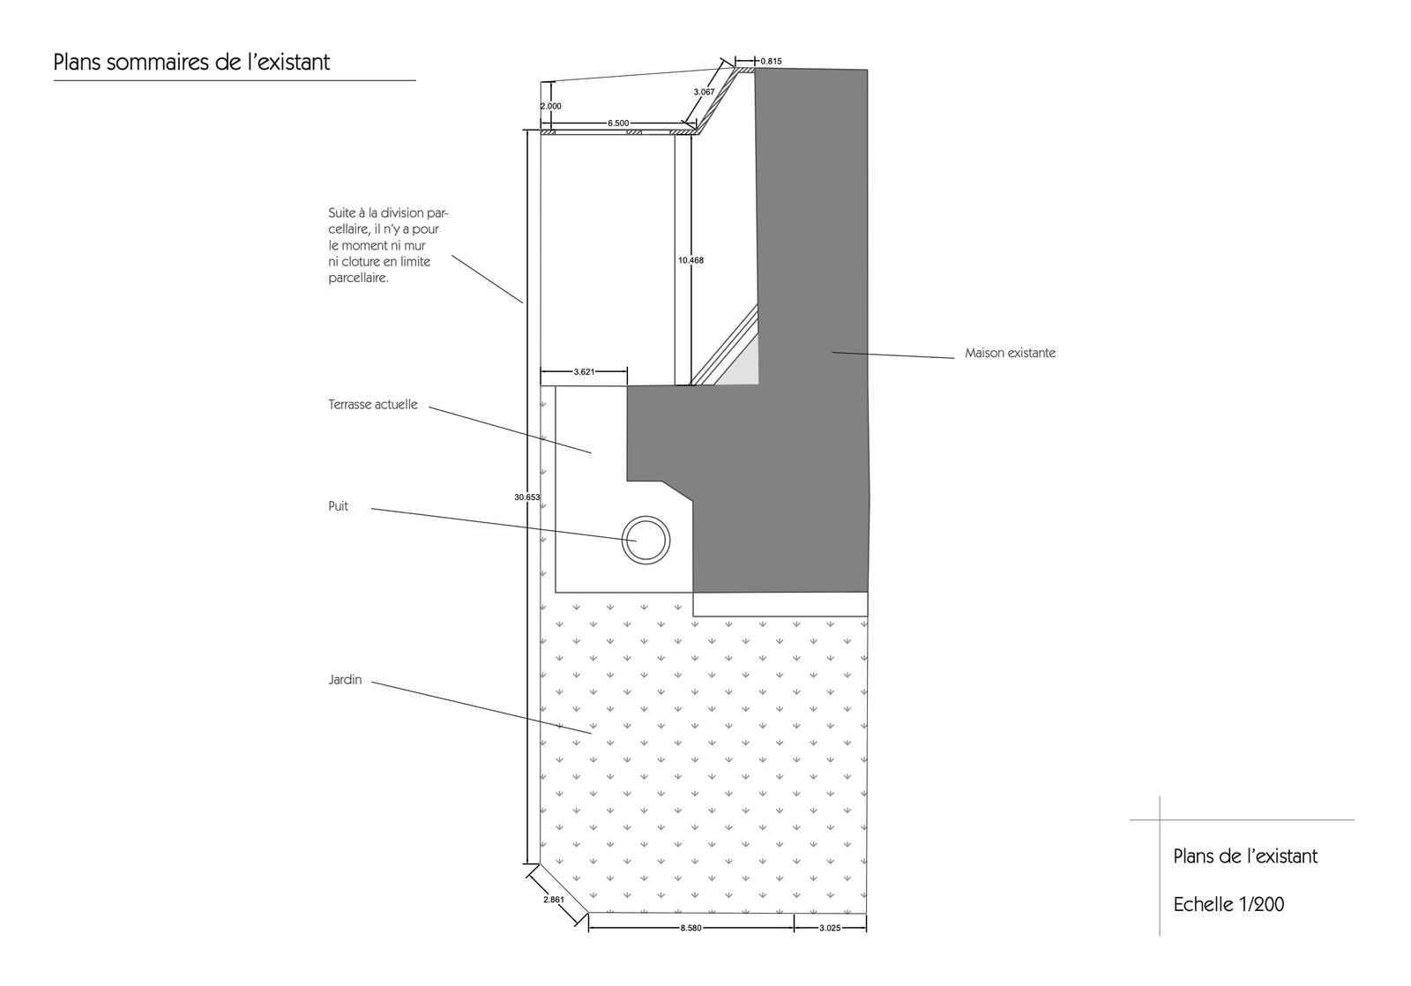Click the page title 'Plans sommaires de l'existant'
(191, 63)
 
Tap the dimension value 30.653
(526, 497)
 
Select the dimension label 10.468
(691, 260)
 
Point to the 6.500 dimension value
(618, 123)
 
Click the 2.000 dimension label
(551, 107)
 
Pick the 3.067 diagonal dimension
(705, 92)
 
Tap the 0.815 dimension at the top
(771, 61)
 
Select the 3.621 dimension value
(584, 371)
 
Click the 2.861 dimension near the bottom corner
(554, 900)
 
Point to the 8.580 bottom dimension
(691, 928)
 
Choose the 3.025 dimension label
(830, 928)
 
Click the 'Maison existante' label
(1010, 354)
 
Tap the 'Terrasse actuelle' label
(373, 405)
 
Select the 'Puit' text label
(339, 506)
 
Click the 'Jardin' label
(345, 680)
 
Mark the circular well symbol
(646, 517)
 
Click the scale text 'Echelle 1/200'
(1228, 905)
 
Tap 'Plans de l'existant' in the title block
(1245, 856)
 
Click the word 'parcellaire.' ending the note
(358, 279)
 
